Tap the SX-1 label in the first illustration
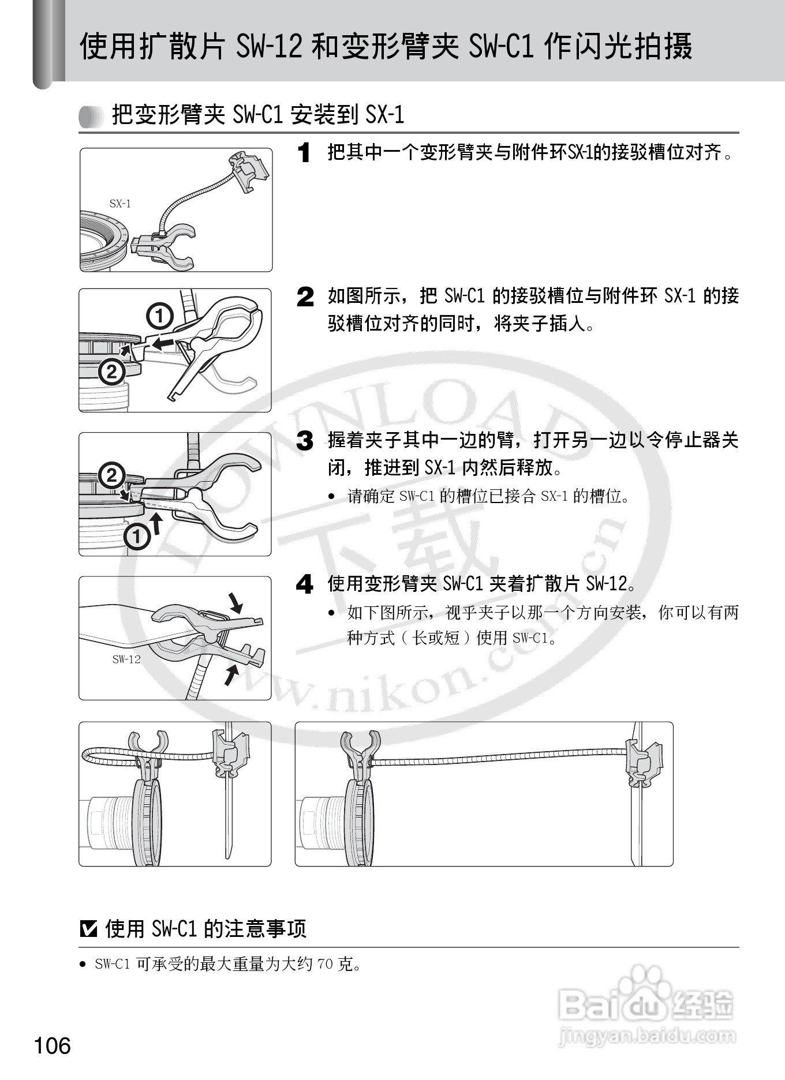[x=120, y=203]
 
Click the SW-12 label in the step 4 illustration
[x=126, y=659]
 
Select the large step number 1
[x=304, y=153]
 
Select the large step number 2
[x=305, y=297]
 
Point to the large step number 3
[x=305, y=441]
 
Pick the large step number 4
[x=305, y=584]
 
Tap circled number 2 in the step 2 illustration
[x=111, y=372]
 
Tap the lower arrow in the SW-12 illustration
[x=231, y=673]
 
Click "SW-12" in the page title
[x=269, y=46]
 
